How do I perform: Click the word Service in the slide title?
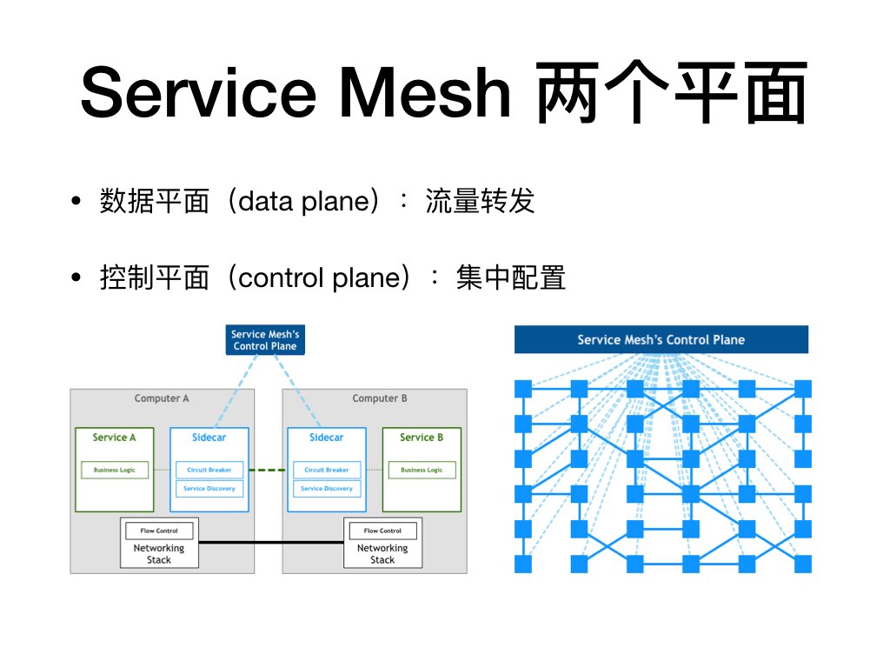[x=196, y=94]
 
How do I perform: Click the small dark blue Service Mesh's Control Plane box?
[x=264, y=340]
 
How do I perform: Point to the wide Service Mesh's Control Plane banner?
[x=661, y=340]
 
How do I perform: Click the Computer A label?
[x=162, y=398]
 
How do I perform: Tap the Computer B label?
[x=380, y=398]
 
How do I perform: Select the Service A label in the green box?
[x=115, y=438]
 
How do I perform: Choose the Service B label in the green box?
[x=422, y=438]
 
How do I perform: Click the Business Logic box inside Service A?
[x=115, y=470]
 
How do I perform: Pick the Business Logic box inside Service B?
[x=422, y=470]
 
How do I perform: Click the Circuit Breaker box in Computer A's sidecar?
[x=209, y=470]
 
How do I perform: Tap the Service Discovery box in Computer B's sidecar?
[x=327, y=489]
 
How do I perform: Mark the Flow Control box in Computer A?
[x=161, y=531]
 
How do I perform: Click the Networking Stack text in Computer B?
[x=382, y=554]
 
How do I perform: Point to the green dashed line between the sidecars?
[x=268, y=471]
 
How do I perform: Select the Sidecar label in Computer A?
[x=209, y=438]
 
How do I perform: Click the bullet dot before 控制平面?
[x=76, y=278]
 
